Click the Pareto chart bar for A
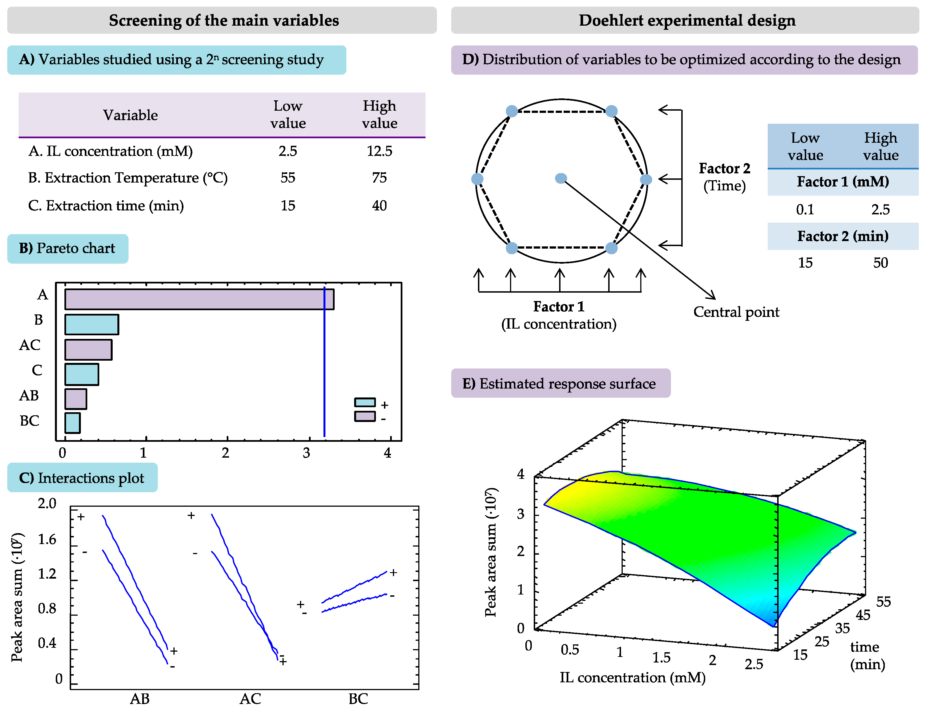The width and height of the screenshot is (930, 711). point(199,299)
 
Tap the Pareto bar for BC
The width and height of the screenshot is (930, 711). point(73,423)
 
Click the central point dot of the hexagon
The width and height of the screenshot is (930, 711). point(561,179)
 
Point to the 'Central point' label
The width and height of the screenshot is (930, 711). point(736,312)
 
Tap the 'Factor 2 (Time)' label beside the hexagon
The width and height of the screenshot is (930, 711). point(724,177)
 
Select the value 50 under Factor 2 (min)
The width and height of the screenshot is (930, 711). point(880,263)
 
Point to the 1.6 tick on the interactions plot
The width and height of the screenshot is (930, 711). point(47,540)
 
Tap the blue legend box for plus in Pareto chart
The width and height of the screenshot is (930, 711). point(365,402)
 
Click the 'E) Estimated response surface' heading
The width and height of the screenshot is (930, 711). point(560,384)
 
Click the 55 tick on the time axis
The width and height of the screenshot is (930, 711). point(883,602)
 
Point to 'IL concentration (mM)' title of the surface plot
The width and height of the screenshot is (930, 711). point(632,678)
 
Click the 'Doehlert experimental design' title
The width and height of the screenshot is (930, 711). point(687,20)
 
